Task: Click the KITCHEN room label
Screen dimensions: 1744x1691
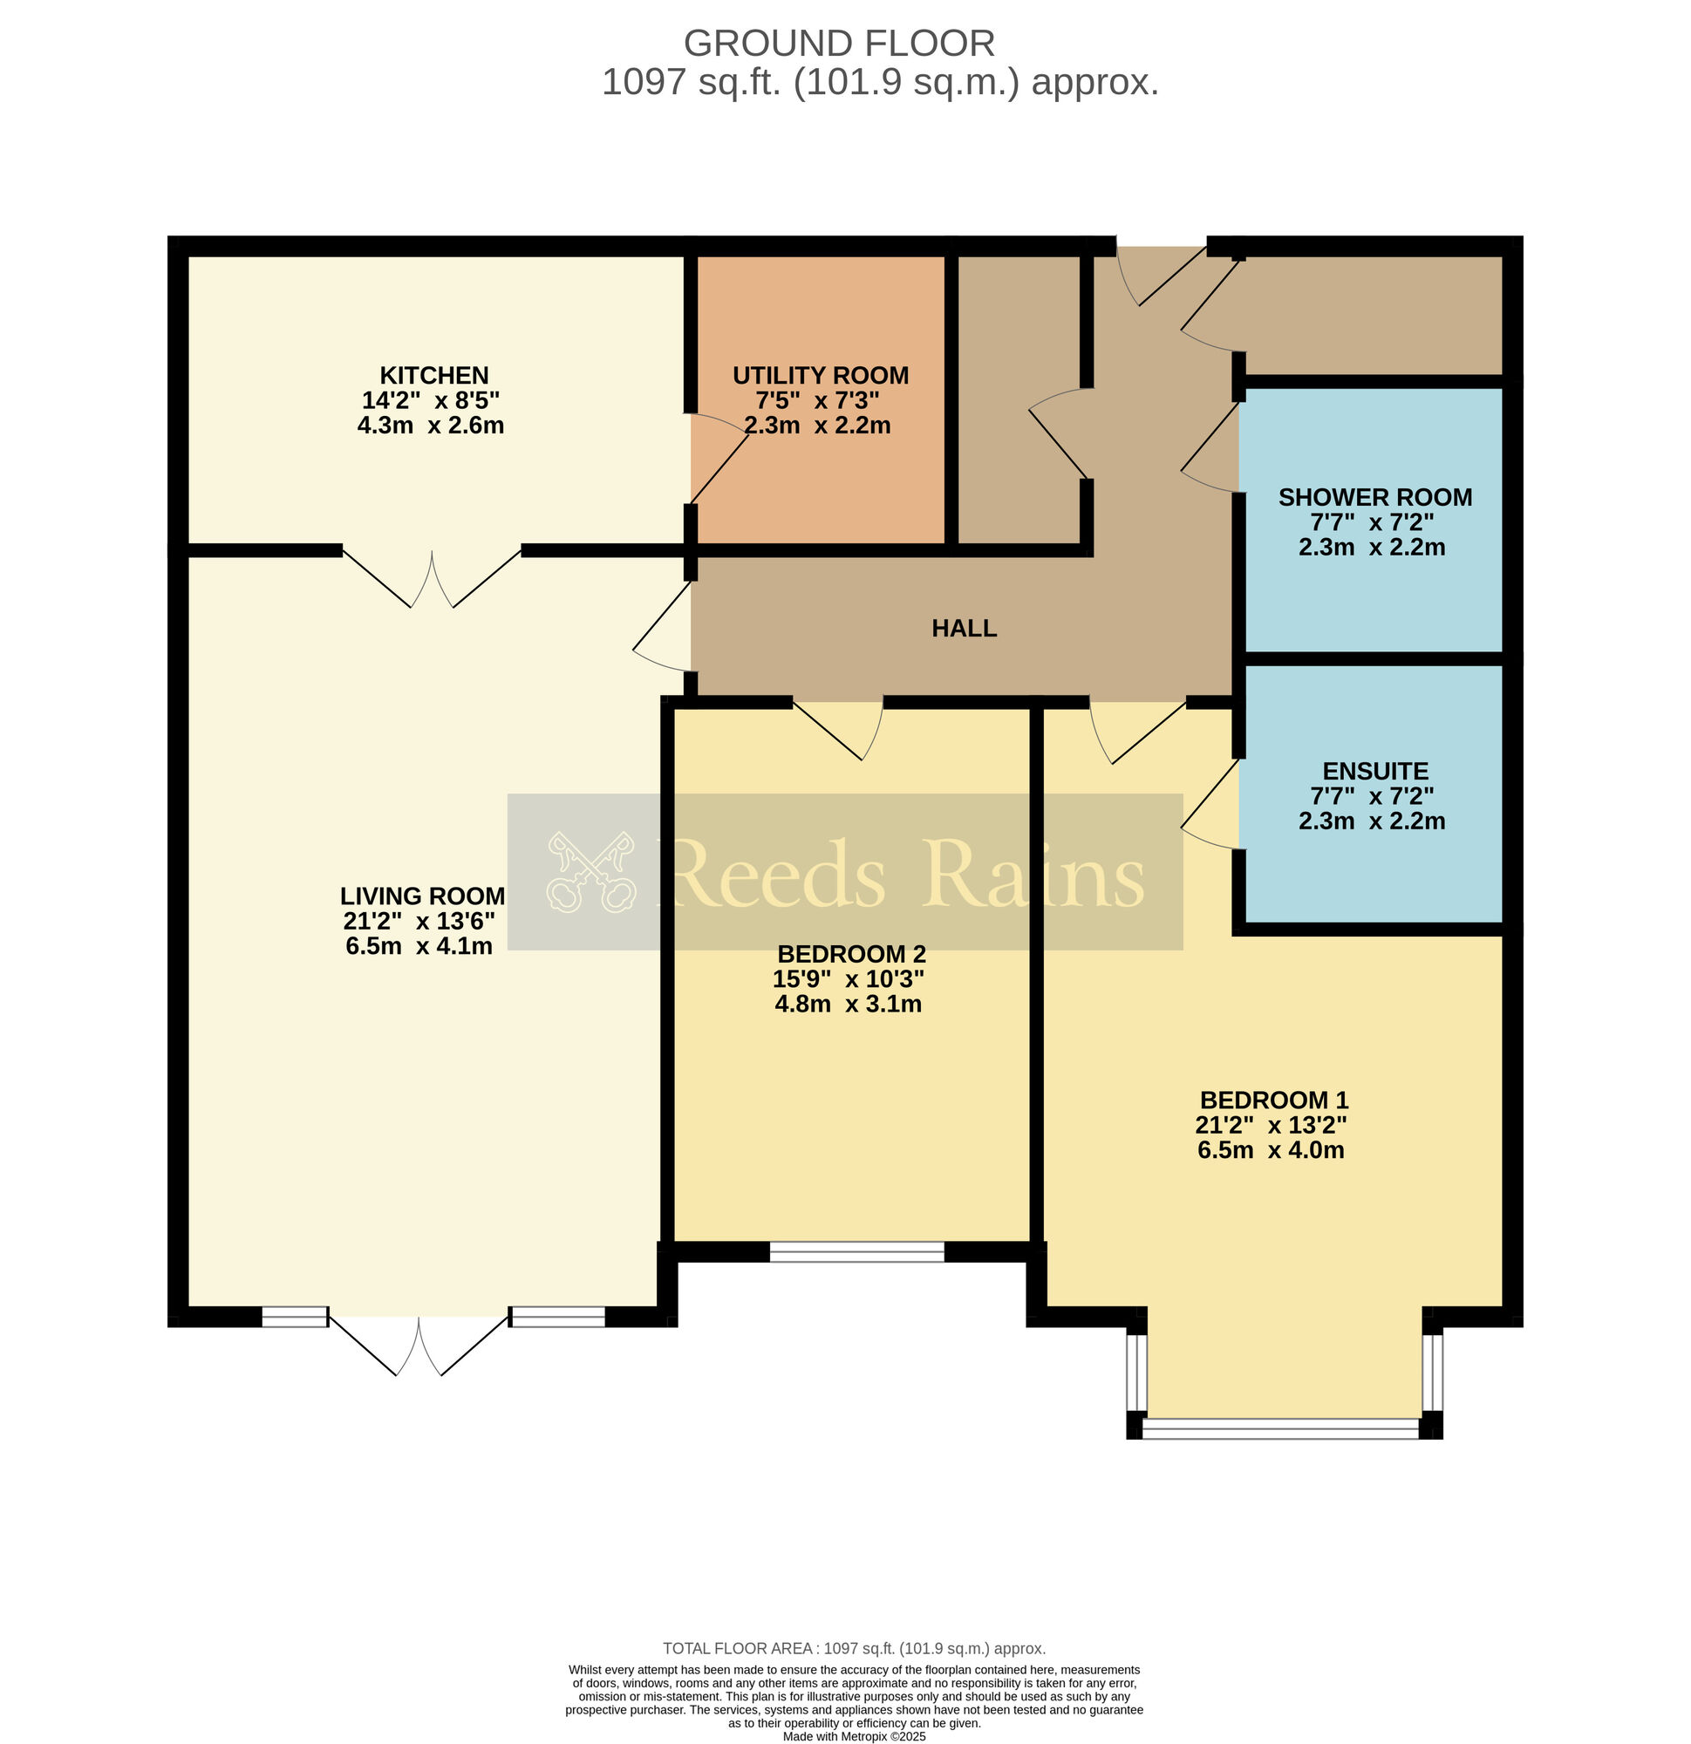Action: point(433,376)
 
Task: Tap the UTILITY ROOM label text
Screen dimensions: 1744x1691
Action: point(820,376)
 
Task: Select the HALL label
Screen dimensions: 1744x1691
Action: point(964,628)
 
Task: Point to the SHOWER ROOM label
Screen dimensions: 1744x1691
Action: point(1375,497)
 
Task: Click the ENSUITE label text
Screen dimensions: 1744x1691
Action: point(1375,772)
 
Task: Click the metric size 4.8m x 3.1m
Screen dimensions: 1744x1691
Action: point(848,1004)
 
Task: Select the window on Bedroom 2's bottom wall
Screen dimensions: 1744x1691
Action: point(856,1252)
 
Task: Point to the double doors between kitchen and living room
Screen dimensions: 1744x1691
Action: point(432,578)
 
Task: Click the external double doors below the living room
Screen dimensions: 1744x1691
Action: point(419,1345)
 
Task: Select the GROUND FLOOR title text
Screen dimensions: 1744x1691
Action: point(838,44)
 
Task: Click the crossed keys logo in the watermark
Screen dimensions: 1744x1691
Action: point(591,872)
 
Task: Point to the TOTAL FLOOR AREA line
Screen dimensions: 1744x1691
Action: point(854,1649)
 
